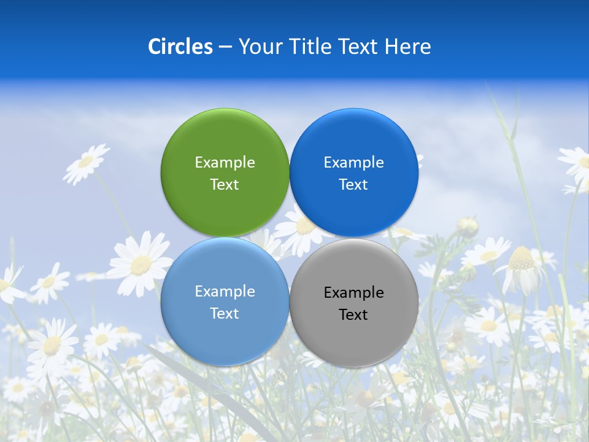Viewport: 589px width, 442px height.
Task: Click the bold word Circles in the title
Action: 180,47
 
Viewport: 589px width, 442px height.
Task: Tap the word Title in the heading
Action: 310,47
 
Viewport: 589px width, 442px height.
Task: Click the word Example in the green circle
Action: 225,162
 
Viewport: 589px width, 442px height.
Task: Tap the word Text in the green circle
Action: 225,184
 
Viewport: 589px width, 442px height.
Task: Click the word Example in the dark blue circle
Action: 354,162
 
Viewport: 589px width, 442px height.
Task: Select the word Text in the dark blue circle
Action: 354,184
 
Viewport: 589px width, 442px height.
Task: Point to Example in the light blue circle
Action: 225,291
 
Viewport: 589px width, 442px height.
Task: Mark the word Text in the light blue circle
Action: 225,313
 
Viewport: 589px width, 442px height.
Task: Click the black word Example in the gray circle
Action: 354,292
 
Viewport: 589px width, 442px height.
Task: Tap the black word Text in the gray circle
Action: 354,314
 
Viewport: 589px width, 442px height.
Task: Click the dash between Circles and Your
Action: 225,47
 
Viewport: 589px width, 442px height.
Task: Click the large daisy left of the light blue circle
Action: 141,264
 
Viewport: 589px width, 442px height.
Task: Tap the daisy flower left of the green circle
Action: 86,162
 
